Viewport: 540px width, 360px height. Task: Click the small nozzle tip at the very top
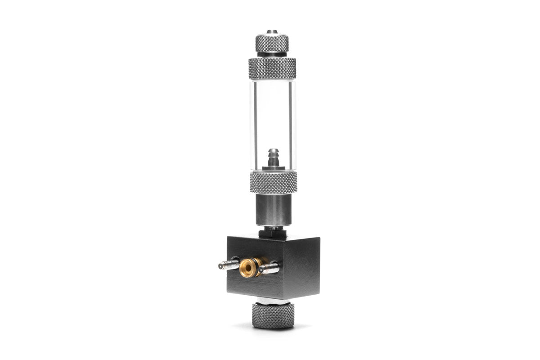click(x=272, y=32)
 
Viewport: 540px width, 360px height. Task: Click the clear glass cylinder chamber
click(x=272, y=117)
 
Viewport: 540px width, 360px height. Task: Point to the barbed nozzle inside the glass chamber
click(x=272, y=157)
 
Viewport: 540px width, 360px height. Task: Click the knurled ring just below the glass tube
click(x=272, y=182)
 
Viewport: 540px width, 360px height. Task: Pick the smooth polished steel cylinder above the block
click(x=272, y=209)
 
